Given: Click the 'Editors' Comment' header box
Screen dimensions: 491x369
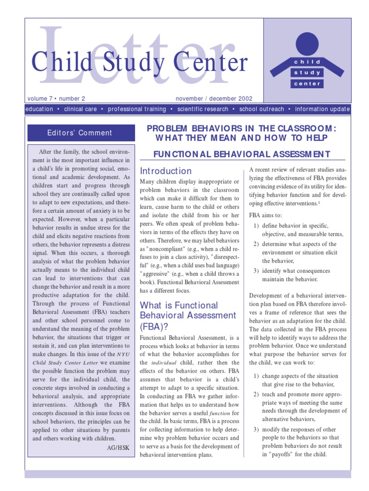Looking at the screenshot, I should pos(80,133).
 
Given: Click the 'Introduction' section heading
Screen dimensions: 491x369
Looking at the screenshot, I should pos(166,171).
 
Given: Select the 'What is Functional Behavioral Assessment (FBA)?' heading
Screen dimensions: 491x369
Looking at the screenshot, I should pos(181,316).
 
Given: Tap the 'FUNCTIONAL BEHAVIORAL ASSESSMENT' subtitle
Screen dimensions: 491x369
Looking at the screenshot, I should pos(242,154).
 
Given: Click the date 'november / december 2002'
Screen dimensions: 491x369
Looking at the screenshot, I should pos(214,99).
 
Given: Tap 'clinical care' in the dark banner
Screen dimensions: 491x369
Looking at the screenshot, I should pos(80,109).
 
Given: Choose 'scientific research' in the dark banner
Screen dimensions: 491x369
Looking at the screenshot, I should pos(202,109).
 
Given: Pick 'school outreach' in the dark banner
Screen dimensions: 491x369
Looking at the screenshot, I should pos(262,109).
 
